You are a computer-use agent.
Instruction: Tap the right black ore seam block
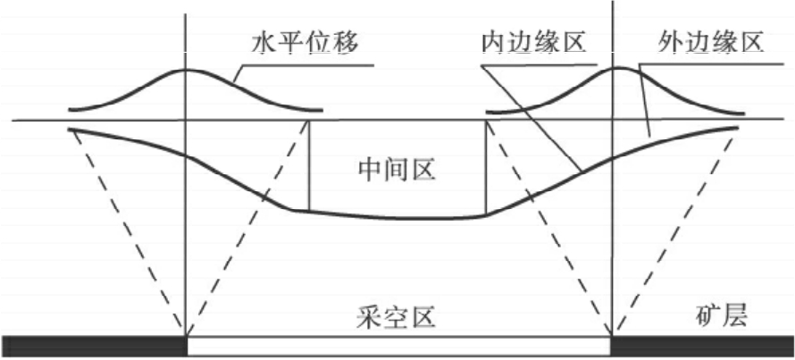click(x=702, y=346)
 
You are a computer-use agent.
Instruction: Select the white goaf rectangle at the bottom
click(x=397, y=346)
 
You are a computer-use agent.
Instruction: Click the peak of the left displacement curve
click(x=185, y=70)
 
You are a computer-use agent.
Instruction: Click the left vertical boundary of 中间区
click(x=308, y=166)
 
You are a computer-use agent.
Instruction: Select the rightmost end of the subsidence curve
click(x=738, y=128)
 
